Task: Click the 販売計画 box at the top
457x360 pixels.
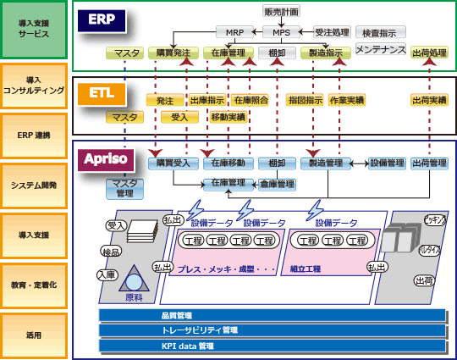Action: pyautogui.click(x=282, y=12)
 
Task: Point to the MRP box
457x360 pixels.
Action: pyautogui.click(x=234, y=32)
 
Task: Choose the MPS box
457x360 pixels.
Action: pyautogui.click(x=282, y=32)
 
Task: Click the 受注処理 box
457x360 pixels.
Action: pyautogui.click(x=331, y=32)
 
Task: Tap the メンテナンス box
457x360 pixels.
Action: pyautogui.click(x=380, y=50)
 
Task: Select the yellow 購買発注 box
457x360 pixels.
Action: pyautogui.click(x=174, y=53)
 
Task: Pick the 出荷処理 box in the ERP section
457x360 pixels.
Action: pyautogui.click(x=429, y=53)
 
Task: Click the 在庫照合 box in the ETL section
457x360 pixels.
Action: pyautogui.click(x=251, y=100)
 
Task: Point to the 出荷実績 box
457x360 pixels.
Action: pyautogui.click(x=429, y=100)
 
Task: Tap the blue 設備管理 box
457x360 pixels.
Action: pyautogui.click(x=387, y=163)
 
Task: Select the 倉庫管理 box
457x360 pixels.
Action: pyautogui.click(x=277, y=183)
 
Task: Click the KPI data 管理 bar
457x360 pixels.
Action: pyautogui.click(x=273, y=346)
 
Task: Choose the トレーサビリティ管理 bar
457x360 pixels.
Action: pyautogui.click(x=273, y=330)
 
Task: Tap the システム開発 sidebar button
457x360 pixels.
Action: pyautogui.click(x=34, y=184)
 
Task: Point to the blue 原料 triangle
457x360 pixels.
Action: pyautogui.click(x=133, y=282)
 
